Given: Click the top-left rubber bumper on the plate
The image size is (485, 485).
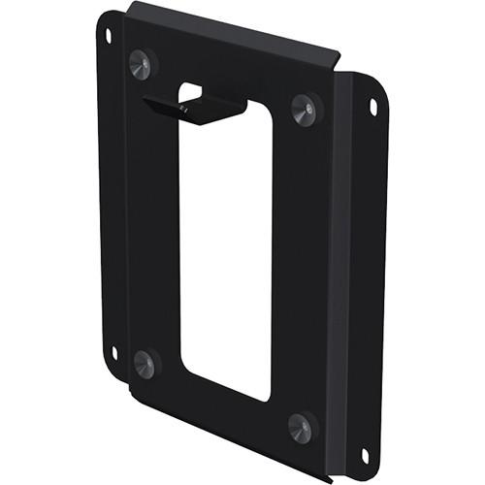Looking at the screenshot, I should click(142, 63).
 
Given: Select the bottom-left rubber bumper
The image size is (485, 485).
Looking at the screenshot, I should click(144, 364).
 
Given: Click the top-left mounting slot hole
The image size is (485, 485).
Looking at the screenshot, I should click(108, 36).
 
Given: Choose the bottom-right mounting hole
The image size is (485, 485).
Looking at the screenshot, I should click(364, 454).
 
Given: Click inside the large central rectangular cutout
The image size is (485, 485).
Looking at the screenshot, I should click(225, 252).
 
